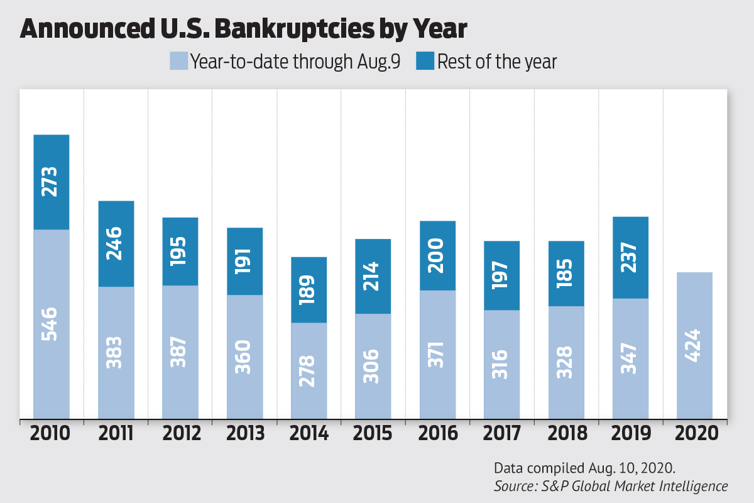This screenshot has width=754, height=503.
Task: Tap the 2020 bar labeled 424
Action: (x=694, y=345)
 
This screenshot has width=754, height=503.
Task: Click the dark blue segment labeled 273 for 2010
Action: (x=52, y=182)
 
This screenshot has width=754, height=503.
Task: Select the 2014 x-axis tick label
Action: (x=310, y=433)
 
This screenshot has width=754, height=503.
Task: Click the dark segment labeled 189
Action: (x=309, y=290)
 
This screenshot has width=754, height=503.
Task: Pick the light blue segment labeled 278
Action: (x=309, y=370)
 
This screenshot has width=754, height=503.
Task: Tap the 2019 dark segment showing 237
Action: (x=630, y=257)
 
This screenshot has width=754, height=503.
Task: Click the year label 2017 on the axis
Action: (x=502, y=433)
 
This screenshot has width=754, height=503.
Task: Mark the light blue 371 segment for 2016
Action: (x=438, y=354)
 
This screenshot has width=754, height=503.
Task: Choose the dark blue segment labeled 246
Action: (x=116, y=244)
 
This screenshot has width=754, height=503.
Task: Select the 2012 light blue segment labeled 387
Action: (x=180, y=351)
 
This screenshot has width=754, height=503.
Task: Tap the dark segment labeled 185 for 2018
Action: (x=566, y=274)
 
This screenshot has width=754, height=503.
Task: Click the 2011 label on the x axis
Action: (x=116, y=433)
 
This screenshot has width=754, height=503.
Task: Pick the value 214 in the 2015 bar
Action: (x=373, y=276)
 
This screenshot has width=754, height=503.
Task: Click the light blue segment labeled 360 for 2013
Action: (x=244, y=357)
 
